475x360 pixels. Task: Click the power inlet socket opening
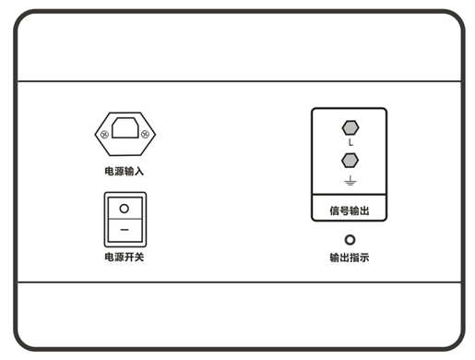point(125,132)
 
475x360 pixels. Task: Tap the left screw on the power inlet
point(104,135)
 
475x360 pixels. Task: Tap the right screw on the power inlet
point(146,135)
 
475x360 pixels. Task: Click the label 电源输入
point(125,172)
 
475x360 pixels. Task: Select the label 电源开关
point(125,256)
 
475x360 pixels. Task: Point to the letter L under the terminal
point(350,146)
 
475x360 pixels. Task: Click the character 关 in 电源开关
point(139,256)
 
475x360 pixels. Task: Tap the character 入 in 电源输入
point(139,172)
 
